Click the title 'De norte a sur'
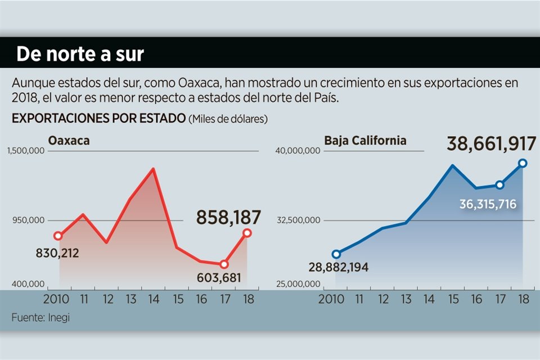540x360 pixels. pyautogui.click(x=80, y=54)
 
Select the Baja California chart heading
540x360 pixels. pyautogui.click(x=365, y=140)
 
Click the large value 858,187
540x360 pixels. pyautogui.click(x=228, y=217)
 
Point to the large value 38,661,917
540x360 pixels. pyautogui.click(x=491, y=144)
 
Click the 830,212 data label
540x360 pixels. pyautogui.click(x=57, y=253)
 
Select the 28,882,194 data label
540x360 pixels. pyautogui.click(x=338, y=267)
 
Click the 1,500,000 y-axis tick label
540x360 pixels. pyautogui.click(x=27, y=151)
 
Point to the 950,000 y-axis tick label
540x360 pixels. pyautogui.click(x=30, y=220)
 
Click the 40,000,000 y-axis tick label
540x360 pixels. pyautogui.click(x=298, y=151)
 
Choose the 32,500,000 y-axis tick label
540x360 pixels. pyautogui.click(x=298, y=220)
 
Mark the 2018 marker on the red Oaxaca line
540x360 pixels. pyautogui.click(x=247, y=232)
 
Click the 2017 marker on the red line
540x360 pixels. pyautogui.click(x=224, y=264)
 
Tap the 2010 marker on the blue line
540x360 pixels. pyautogui.click(x=336, y=254)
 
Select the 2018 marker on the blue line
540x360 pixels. pyautogui.click(x=523, y=163)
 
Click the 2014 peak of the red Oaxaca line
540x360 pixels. pyautogui.click(x=153, y=169)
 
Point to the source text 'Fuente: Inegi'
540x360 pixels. pyautogui.click(x=40, y=318)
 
